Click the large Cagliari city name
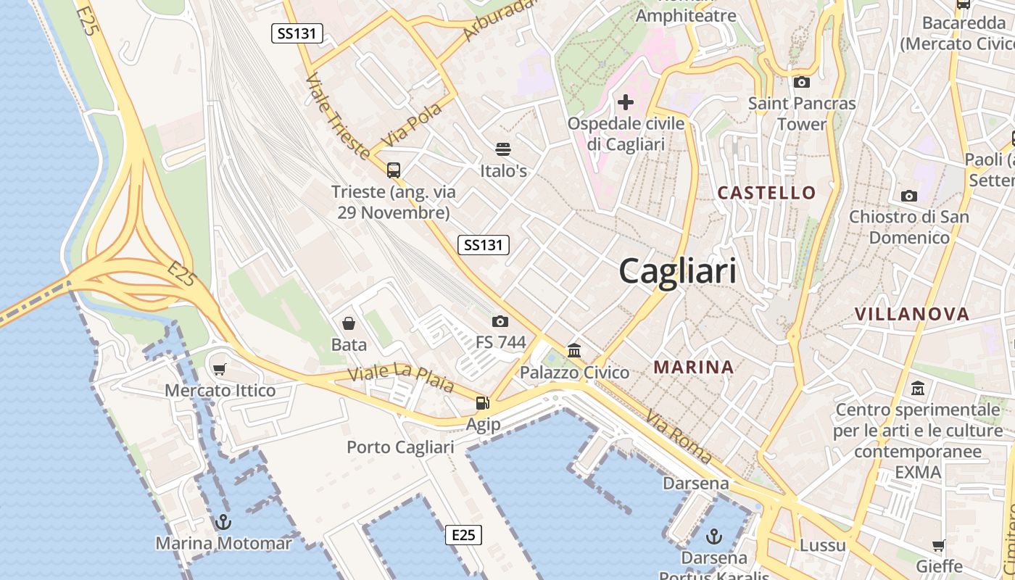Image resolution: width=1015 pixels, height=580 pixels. (x=678, y=271)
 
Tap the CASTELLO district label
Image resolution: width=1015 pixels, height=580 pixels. (x=766, y=193)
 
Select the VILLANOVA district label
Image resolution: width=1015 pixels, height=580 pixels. (x=911, y=314)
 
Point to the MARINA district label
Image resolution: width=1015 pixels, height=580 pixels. (x=694, y=368)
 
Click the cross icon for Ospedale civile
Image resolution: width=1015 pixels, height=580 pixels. (x=625, y=102)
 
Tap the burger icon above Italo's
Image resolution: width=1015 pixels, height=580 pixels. (x=503, y=149)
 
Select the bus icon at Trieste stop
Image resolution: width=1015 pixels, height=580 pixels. (x=394, y=170)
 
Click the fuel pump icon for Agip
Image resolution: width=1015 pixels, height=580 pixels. (x=482, y=403)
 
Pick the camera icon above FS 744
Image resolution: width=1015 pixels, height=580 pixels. (x=500, y=321)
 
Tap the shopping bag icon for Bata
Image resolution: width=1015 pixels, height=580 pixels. (x=349, y=323)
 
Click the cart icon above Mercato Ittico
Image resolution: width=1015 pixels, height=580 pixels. (x=220, y=369)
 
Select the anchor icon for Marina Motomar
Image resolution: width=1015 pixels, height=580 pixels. (x=223, y=522)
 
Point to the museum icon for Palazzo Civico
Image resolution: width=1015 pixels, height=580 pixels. (x=574, y=351)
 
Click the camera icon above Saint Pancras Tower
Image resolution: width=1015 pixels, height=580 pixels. (x=802, y=82)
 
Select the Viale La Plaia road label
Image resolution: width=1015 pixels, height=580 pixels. (x=400, y=379)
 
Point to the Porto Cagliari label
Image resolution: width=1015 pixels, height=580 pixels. (x=400, y=447)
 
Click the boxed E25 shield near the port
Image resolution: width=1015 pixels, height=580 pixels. (x=463, y=535)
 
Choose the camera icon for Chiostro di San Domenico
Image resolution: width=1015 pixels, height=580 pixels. (x=908, y=196)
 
